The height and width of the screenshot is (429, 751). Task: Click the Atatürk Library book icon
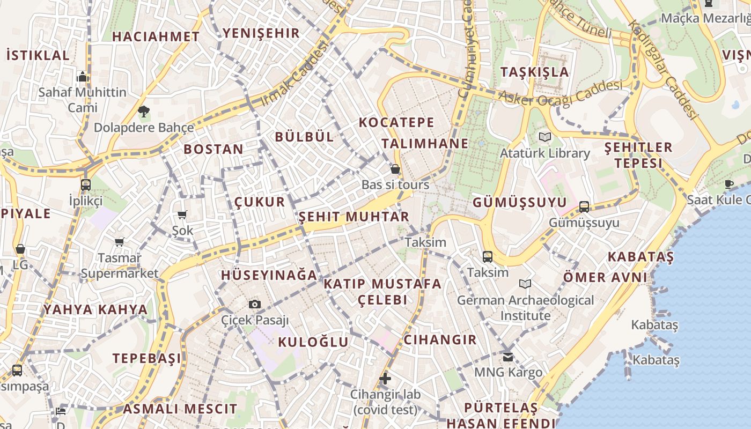click(x=545, y=137)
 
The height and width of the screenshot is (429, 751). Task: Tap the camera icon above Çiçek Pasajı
click(x=255, y=304)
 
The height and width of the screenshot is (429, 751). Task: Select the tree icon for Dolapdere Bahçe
click(x=143, y=112)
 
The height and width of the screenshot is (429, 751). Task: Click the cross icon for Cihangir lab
click(x=385, y=379)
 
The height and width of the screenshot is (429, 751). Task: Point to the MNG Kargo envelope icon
click(x=508, y=357)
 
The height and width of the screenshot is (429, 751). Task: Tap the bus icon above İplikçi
click(x=85, y=185)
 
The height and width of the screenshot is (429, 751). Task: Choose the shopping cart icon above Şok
click(x=182, y=215)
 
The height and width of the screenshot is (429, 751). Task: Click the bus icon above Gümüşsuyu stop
click(x=584, y=206)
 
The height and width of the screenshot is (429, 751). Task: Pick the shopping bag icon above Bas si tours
click(x=395, y=169)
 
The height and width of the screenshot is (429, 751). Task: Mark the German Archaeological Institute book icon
click(x=525, y=284)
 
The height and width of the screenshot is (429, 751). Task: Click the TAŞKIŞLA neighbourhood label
click(x=534, y=72)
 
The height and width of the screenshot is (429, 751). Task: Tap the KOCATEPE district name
click(x=396, y=122)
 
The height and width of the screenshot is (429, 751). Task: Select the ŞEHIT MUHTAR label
click(x=354, y=217)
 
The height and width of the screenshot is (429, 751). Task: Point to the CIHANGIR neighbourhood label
click(x=440, y=339)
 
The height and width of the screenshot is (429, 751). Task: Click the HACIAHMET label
click(x=156, y=36)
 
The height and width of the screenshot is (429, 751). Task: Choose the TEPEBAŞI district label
click(x=146, y=358)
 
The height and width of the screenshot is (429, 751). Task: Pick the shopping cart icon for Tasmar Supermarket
click(x=119, y=242)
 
